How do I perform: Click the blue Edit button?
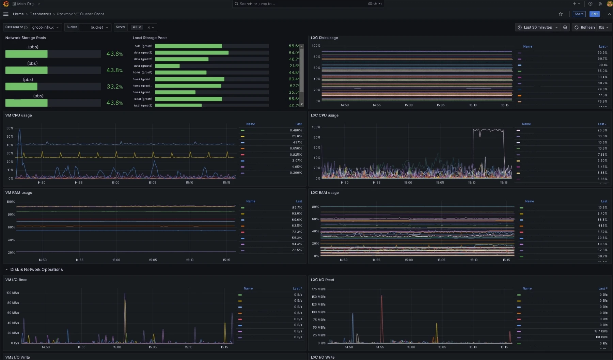(594, 14)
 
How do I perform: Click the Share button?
(579, 14)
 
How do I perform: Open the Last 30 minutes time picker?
(537, 27)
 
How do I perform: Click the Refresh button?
(584, 27)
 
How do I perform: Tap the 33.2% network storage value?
(115, 87)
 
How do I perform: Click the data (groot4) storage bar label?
(143, 66)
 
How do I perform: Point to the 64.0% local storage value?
(294, 52)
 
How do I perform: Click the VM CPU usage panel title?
(18, 115)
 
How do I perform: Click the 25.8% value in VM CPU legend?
(297, 136)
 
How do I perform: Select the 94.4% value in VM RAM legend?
(297, 244)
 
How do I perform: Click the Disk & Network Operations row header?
(36, 269)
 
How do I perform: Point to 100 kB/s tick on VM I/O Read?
(13, 293)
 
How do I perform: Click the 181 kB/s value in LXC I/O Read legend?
(601, 337)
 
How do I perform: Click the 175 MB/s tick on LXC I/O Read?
(318, 289)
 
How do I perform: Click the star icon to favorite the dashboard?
(561, 14)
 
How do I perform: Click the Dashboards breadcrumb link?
(40, 14)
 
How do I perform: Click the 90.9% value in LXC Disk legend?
(602, 53)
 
